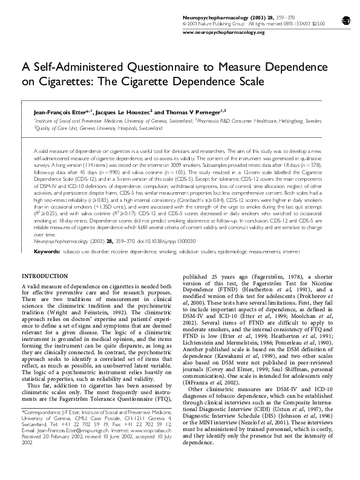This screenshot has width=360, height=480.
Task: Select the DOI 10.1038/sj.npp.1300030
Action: [x=148, y=240]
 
